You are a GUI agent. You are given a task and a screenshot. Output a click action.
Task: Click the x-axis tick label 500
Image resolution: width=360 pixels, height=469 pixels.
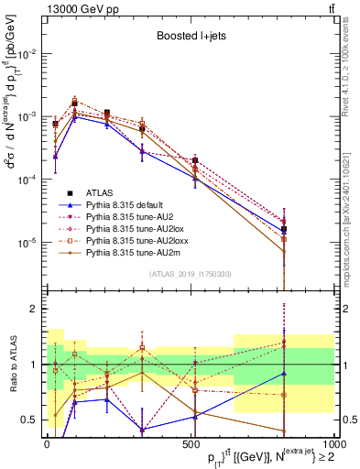(191, 444)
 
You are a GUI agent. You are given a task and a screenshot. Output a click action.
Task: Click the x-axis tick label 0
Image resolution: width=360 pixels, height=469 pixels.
(47, 444)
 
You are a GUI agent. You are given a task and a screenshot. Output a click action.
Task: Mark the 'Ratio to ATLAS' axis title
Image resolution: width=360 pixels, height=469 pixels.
(12, 364)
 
